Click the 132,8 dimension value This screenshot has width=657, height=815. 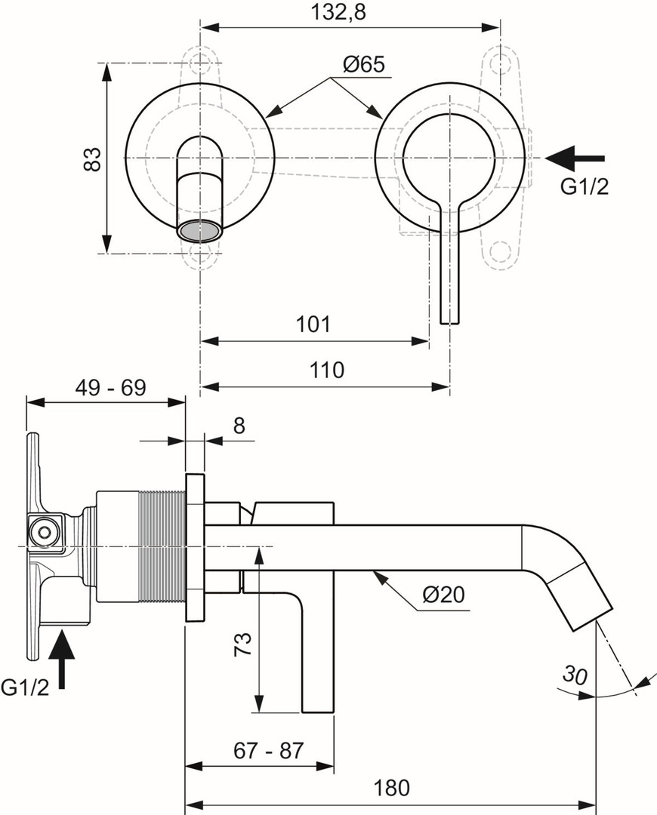[338, 11]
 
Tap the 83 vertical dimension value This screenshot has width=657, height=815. [93, 159]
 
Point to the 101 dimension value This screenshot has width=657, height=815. [313, 324]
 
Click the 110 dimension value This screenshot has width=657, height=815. [327, 371]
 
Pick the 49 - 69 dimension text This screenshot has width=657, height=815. [111, 387]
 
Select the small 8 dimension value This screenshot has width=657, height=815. [239, 426]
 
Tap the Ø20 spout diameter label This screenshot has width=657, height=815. [443, 595]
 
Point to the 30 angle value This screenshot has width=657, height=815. [575, 675]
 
